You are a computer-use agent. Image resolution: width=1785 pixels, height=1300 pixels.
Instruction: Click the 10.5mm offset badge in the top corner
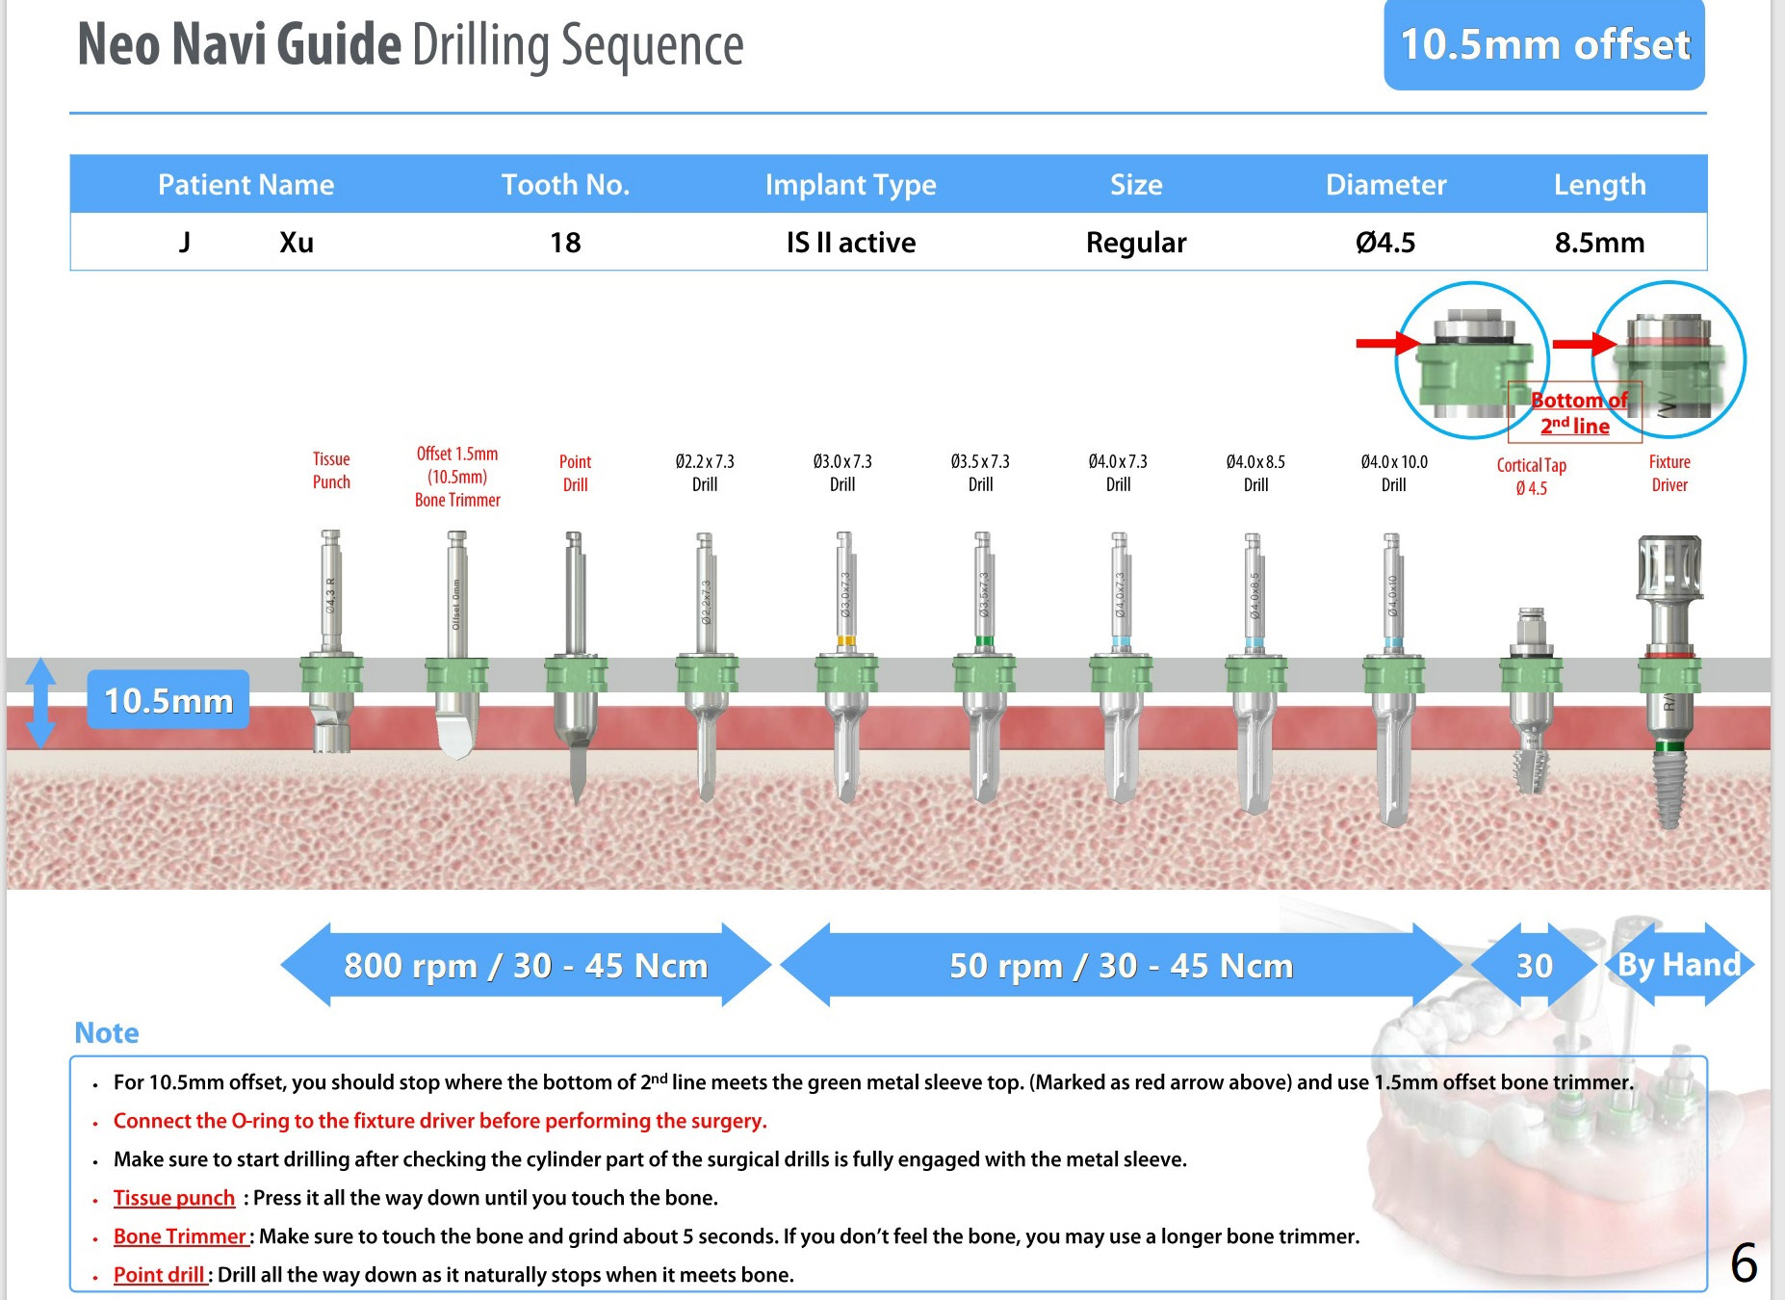[1543, 45]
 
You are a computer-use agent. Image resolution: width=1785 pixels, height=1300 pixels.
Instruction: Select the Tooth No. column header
[565, 184]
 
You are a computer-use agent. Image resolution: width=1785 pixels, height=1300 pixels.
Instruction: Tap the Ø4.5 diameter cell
[1385, 243]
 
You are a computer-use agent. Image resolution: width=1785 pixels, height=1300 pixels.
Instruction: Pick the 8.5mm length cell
[1599, 243]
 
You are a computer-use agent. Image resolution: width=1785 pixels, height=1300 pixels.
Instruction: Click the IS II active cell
[851, 243]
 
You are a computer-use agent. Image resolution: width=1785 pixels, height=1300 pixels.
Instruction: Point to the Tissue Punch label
[331, 471]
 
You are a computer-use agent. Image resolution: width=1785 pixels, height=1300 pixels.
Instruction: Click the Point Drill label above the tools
[575, 473]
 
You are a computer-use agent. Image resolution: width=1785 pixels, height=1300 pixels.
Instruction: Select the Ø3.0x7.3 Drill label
[842, 473]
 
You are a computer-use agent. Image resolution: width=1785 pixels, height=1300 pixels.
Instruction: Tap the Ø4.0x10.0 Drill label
[1393, 473]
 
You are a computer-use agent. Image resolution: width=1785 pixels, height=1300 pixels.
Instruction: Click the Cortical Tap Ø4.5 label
[1531, 477]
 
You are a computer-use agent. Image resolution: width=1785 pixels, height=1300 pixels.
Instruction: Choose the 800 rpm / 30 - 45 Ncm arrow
[526, 965]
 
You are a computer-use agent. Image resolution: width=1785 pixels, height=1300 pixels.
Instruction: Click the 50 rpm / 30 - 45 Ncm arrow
[1121, 965]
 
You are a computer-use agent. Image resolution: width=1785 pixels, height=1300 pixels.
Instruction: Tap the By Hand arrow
[1679, 965]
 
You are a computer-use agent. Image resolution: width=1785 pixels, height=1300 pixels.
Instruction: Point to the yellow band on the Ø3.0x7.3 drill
[846, 640]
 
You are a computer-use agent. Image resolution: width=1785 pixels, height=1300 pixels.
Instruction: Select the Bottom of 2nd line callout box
[1575, 413]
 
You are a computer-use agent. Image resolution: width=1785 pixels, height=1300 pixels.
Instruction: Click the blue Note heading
[107, 1033]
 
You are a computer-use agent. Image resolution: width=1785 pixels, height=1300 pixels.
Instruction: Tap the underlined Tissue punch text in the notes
[174, 1198]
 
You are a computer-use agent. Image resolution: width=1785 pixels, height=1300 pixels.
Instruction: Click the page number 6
[1744, 1263]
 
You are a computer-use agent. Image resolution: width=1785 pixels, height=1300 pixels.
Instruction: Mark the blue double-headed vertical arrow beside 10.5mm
[40, 703]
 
